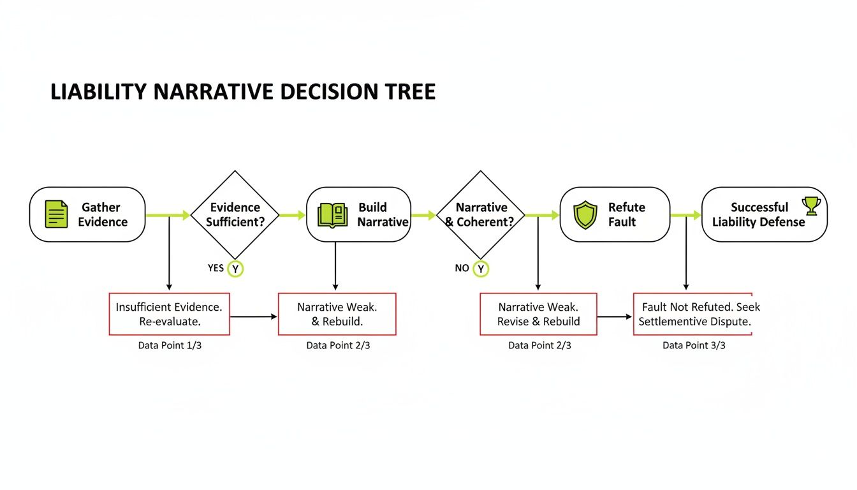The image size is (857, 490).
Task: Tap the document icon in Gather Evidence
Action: pyautogui.click(x=56, y=214)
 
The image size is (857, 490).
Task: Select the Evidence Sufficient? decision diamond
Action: pyautogui.click(x=235, y=214)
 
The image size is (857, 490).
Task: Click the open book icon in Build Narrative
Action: pyautogui.click(x=332, y=215)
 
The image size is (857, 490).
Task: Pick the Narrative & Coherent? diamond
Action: pyautogui.click(x=481, y=214)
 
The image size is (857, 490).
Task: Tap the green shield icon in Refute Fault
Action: pyautogui.click(x=585, y=215)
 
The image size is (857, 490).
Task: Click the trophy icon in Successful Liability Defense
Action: pyautogui.click(x=811, y=205)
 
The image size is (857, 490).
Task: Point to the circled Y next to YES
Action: pyautogui.click(x=235, y=269)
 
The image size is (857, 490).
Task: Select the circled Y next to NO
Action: pyautogui.click(x=481, y=269)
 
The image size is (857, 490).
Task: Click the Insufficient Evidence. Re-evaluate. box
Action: pyautogui.click(x=169, y=314)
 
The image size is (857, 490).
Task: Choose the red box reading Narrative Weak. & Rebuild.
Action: pyautogui.click(x=337, y=314)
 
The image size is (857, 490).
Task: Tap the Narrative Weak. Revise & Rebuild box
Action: pyautogui.click(x=538, y=314)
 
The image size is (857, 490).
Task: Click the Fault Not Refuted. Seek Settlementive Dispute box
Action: pyautogui.click(x=692, y=314)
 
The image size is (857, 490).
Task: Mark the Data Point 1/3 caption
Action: pyautogui.click(x=170, y=345)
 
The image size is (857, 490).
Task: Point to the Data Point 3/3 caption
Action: pyautogui.click(x=694, y=345)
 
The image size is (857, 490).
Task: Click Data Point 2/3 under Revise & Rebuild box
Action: pyautogui.click(x=539, y=345)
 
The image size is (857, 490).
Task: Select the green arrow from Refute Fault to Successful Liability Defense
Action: pyautogui.click(x=685, y=216)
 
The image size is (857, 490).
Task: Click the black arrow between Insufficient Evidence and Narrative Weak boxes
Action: pyautogui.click(x=254, y=316)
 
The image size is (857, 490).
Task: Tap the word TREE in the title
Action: pyautogui.click(x=411, y=92)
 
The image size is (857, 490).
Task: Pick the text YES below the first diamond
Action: pyautogui.click(x=216, y=268)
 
